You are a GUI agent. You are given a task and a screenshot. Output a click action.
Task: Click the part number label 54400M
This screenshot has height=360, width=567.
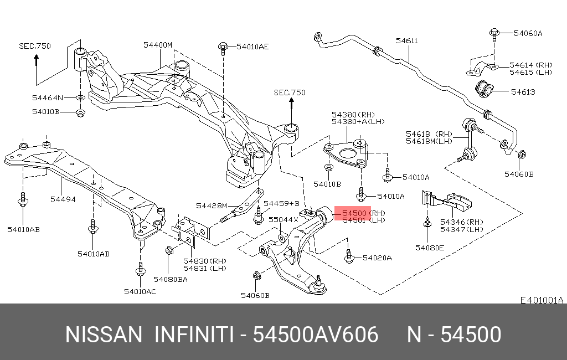pyautogui.click(x=158, y=45)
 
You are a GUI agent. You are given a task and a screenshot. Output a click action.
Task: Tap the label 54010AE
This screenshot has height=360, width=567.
pyautogui.click(x=252, y=47)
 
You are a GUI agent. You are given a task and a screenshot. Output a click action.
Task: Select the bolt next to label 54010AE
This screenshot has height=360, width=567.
pyautogui.click(x=223, y=49)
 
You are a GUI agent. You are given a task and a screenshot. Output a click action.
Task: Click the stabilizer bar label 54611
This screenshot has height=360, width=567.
pyautogui.click(x=407, y=41)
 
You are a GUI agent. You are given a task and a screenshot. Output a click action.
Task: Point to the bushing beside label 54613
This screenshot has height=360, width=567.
pyautogui.click(x=484, y=89)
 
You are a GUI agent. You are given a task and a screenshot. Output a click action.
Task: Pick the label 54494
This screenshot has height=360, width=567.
pyautogui.click(x=63, y=199)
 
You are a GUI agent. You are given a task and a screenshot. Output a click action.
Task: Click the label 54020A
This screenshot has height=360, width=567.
pyautogui.click(x=377, y=258)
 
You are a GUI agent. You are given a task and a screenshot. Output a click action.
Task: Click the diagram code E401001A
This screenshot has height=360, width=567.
pyautogui.click(x=542, y=300)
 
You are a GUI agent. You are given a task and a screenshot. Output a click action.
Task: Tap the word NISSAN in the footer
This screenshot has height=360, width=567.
pyautogui.click(x=104, y=335)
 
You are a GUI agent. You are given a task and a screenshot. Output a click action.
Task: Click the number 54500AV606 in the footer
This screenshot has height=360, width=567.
pyautogui.click(x=315, y=335)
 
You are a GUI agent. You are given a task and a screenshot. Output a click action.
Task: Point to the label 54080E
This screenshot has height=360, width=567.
pyautogui.click(x=430, y=248)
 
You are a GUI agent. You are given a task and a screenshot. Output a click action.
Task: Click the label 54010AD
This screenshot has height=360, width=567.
pyautogui.click(x=93, y=254)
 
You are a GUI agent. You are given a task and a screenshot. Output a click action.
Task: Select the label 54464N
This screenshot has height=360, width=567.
pyautogui.click(x=48, y=97)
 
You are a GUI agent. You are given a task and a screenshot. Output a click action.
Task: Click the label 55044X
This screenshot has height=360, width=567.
pyautogui.click(x=283, y=220)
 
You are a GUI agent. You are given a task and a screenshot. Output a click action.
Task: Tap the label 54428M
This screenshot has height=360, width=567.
pyautogui.click(x=212, y=205)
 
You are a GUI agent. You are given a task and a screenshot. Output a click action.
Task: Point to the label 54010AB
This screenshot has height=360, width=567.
pyautogui.click(x=23, y=229)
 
